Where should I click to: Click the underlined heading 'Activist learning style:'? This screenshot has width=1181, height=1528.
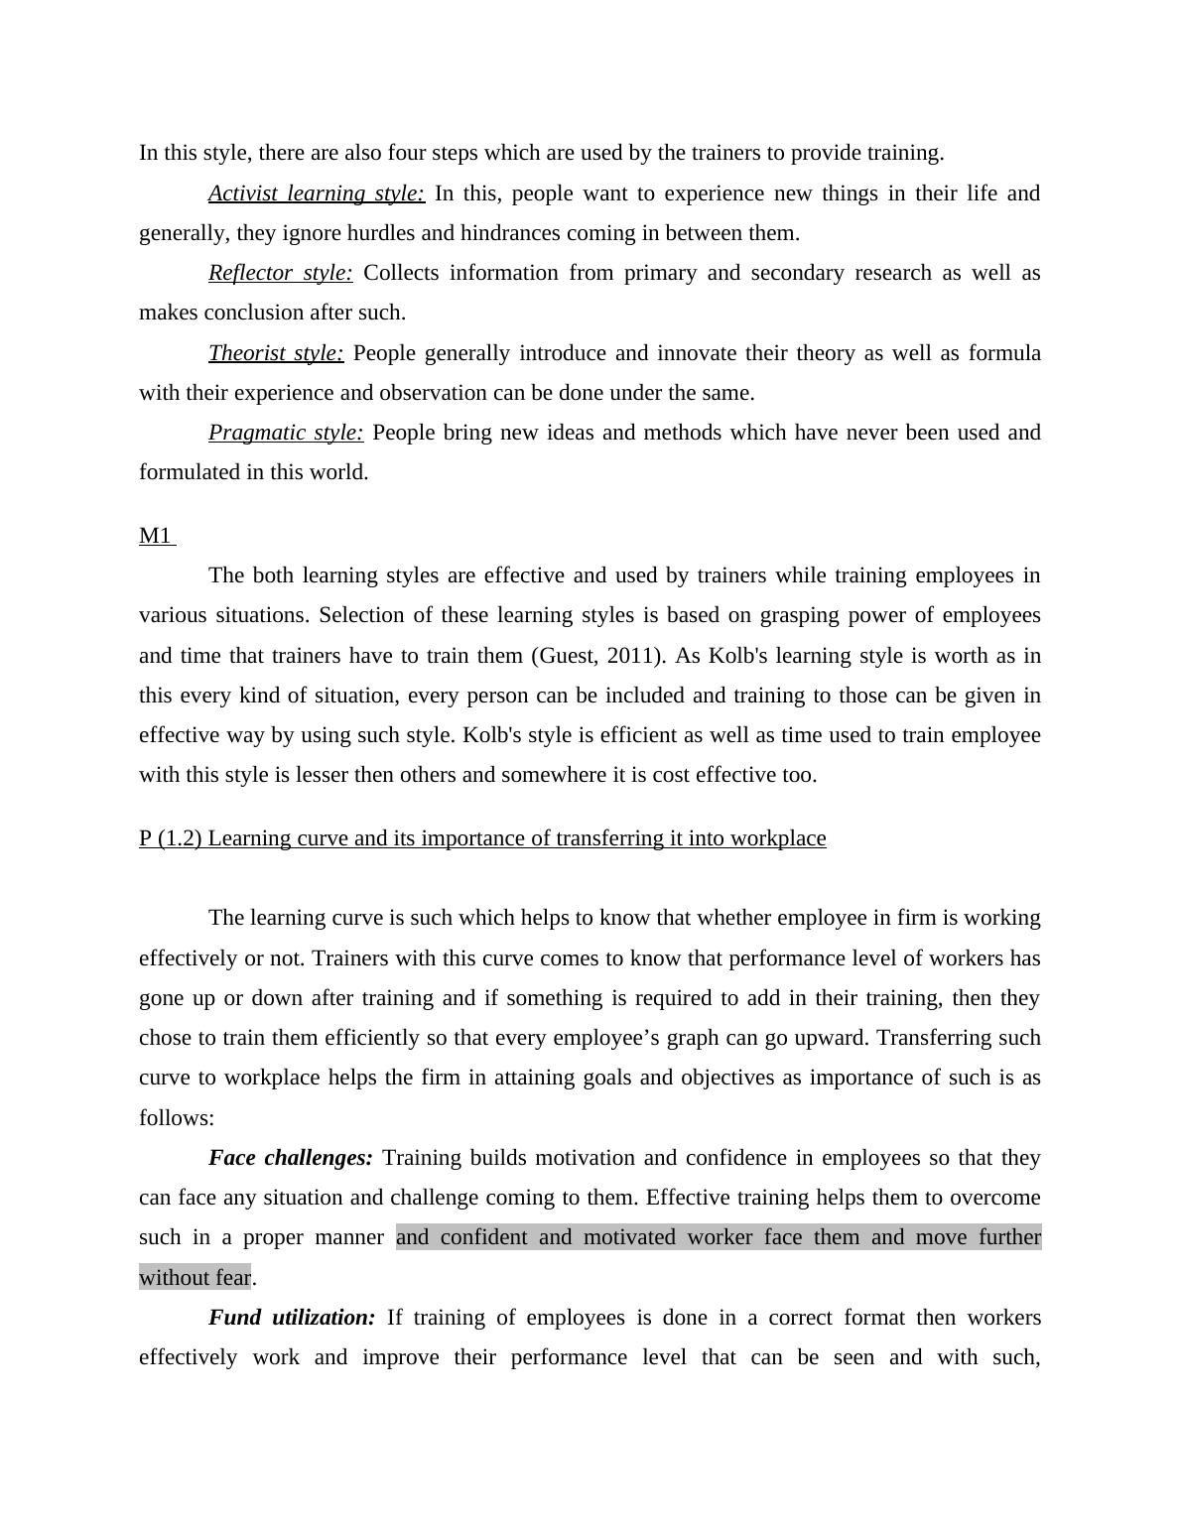click(317, 193)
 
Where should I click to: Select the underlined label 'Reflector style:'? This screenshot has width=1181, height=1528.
click(281, 273)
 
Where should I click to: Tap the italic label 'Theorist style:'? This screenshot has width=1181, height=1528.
click(276, 353)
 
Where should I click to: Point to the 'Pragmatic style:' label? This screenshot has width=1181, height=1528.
click(286, 433)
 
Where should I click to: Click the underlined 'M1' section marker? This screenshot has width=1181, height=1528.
click(156, 536)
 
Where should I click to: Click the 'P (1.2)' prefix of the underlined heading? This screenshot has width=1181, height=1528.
click(170, 838)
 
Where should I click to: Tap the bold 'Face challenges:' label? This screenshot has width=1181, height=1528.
click(291, 1158)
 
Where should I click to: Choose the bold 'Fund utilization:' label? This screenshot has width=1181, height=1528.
click(292, 1318)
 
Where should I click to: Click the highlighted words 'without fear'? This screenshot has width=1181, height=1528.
click(195, 1278)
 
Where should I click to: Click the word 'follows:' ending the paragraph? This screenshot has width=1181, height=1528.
click(177, 1118)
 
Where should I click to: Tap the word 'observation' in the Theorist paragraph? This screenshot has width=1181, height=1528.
click(433, 393)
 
